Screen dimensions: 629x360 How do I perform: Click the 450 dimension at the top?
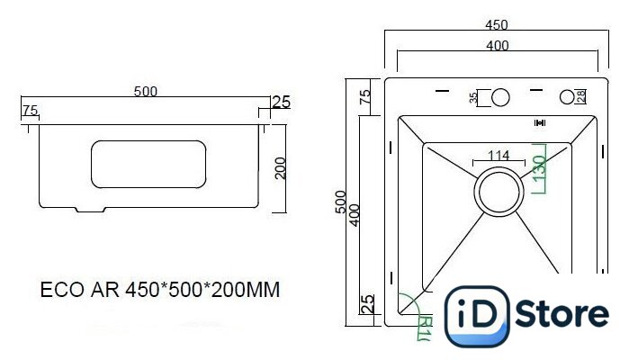(x=496, y=25)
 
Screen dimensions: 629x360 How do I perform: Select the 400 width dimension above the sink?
(x=498, y=46)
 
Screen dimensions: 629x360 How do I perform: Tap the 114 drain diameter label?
(x=499, y=156)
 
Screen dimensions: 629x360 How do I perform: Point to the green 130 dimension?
(x=540, y=167)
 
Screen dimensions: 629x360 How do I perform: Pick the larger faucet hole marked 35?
(x=500, y=97)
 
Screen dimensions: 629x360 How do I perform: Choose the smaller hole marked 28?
(x=567, y=97)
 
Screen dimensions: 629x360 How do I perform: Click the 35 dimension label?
(x=473, y=97)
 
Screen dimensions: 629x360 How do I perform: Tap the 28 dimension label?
(x=581, y=96)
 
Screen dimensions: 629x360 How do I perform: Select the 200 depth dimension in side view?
(x=281, y=168)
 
